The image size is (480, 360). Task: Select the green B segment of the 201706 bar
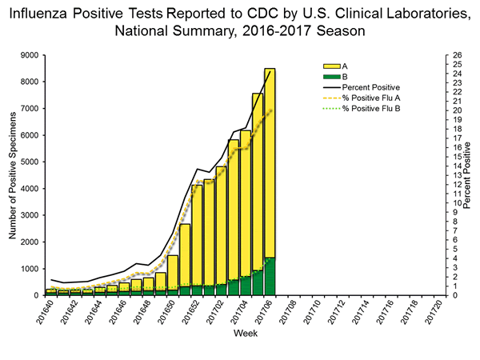(x=269, y=276)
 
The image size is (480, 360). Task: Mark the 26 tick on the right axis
(x=454, y=55)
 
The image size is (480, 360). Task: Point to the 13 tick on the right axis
(x=454, y=175)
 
